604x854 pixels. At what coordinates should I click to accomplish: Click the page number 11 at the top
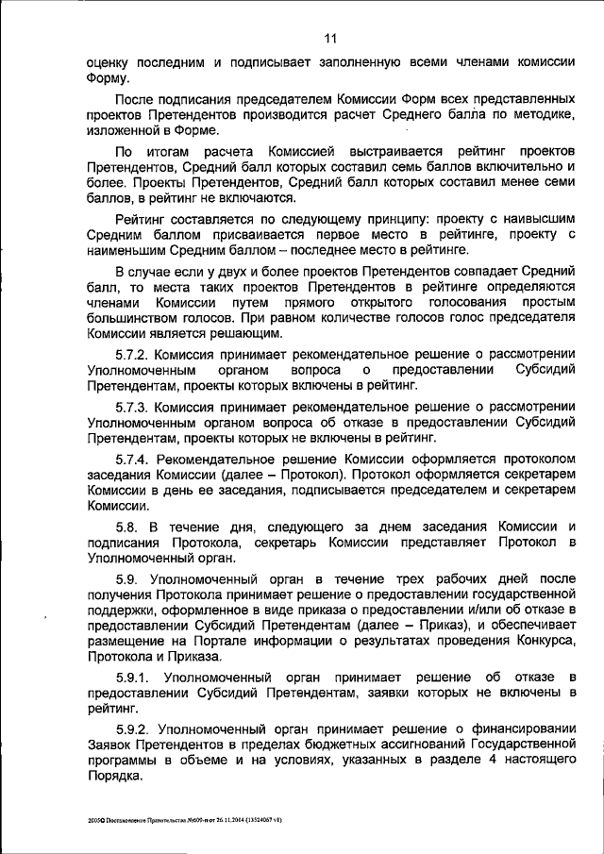point(329,39)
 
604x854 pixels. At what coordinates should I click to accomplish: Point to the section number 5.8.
point(127,526)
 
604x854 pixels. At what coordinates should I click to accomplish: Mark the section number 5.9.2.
point(134,728)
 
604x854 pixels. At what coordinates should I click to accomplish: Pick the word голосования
point(453,301)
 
